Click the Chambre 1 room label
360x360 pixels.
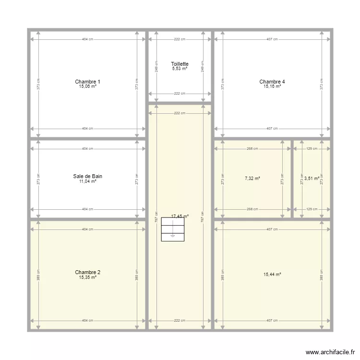coord(88,82)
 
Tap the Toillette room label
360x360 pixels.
coord(180,64)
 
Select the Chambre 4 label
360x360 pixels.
coord(272,82)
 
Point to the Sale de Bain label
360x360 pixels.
coord(88,176)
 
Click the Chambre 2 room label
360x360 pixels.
coord(88,272)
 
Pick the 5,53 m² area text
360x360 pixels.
coord(180,69)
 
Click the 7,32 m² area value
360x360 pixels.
coord(252,179)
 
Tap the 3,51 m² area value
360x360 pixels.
coord(312,179)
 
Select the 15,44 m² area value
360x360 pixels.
coord(272,275)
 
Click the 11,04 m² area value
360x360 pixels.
coord(88,181)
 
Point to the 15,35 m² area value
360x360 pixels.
coord(88,277)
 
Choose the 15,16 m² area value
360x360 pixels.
coord(272,86)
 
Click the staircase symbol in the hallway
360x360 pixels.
coord(172,229)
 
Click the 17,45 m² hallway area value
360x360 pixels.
coord(180,216)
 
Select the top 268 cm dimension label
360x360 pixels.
coord(252,149)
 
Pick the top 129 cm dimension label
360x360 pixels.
coord(312,149)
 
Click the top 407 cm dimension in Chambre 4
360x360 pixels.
coord(272,39)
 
